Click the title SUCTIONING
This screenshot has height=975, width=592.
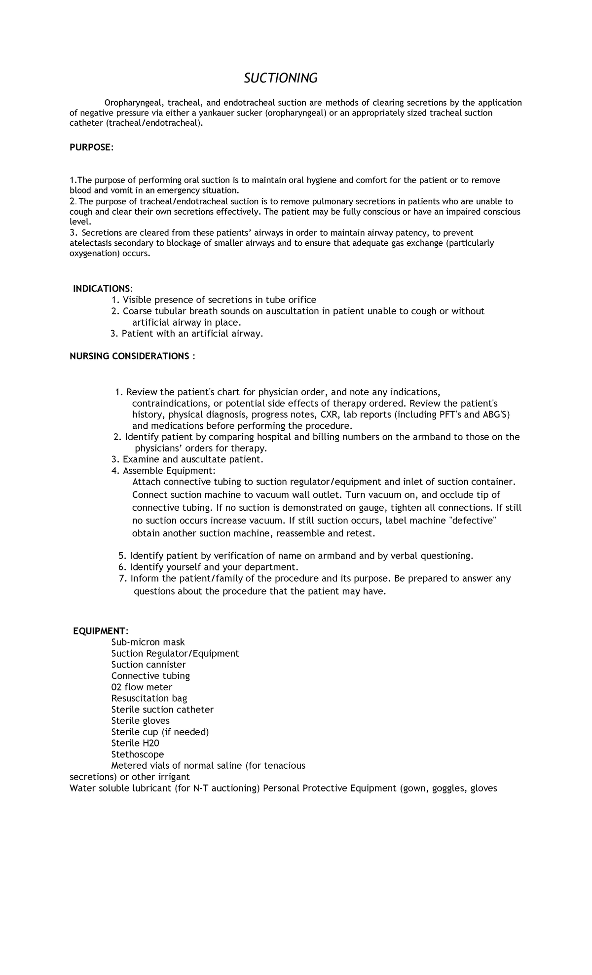[281, 78]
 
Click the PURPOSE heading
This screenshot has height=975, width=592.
[91, 148]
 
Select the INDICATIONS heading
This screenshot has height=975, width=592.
[103, 288]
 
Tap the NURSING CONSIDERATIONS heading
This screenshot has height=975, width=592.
[132, 356]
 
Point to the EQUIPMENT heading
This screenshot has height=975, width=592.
[101, 631]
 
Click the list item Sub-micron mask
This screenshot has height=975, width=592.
[148, 642]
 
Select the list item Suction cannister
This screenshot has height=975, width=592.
[148, 665]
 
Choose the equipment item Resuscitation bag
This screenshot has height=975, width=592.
[149, 698]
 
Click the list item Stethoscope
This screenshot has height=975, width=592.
[138, 754]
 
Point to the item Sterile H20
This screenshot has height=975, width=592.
[135, 743]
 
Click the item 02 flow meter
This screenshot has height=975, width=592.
[142, 687]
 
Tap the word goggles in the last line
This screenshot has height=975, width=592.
[449, 788]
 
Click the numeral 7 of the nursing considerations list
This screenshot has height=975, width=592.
[122, 578]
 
